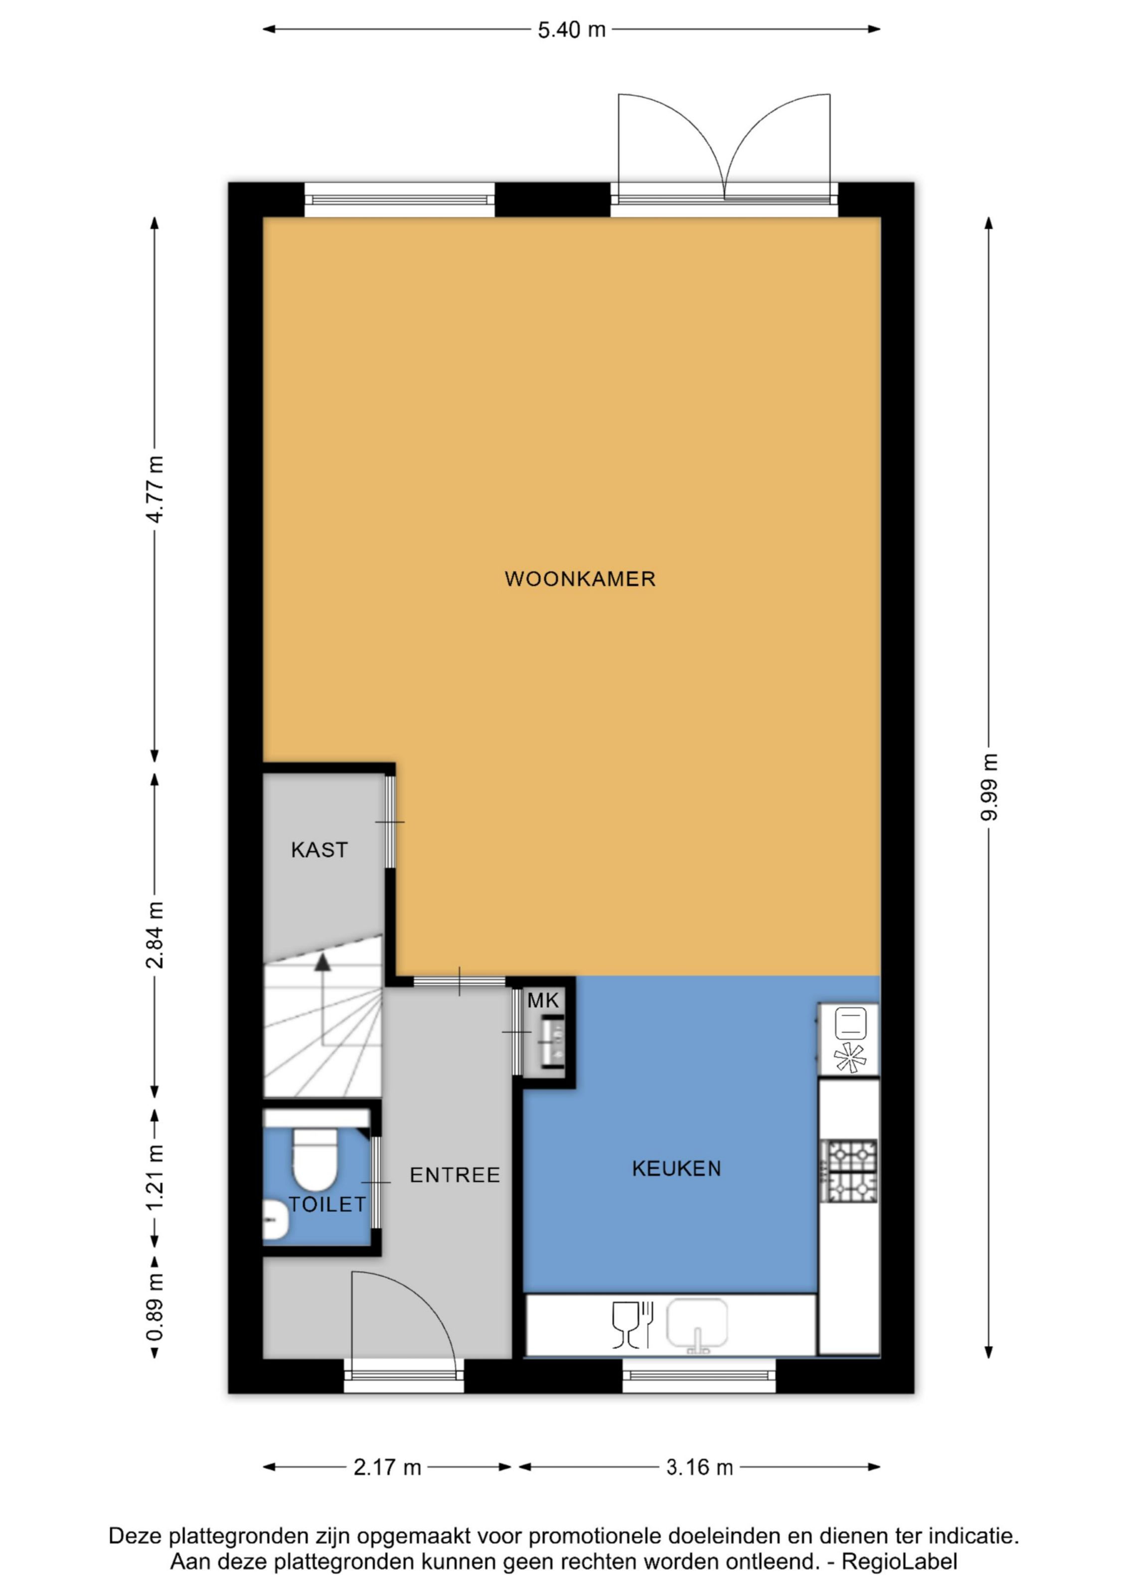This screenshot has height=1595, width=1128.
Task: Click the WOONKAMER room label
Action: click(x=580, y=579)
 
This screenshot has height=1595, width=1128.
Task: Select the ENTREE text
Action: click(x=455, y=1175)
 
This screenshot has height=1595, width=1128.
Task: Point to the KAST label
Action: click(x=320, y=850)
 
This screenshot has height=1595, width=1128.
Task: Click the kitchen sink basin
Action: click(x=697, y=1323)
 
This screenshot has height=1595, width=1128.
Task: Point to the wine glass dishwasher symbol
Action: click(x=625, y=1324)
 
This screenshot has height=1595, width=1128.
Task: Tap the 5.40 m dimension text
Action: click(x=572, y=30)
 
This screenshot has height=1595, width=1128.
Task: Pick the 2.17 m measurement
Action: click(x=388, y=1467)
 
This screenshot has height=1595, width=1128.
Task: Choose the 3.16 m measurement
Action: click(x=699, y=1467)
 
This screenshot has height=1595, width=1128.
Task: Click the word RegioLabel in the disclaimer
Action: click(x=900, y=1562)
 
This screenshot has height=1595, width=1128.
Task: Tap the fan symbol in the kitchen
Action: click(x=850, y=1057)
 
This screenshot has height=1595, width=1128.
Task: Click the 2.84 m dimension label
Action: click(x=155, y=935)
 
